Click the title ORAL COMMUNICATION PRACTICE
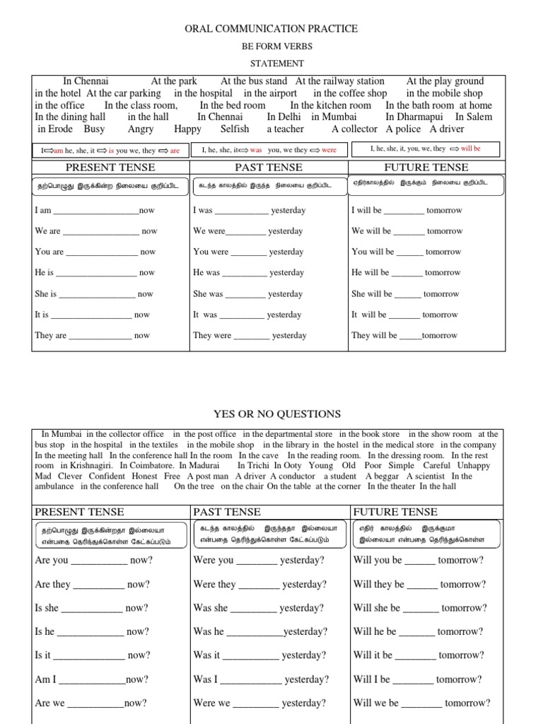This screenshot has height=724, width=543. (x=271, y=29)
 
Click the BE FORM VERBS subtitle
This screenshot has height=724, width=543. (x=271, y=47)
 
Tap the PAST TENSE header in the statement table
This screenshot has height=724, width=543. (x=269, y=168)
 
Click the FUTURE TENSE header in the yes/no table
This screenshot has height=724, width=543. (x=395, y=512)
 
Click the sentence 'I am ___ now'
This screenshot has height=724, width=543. (x=94, y=211)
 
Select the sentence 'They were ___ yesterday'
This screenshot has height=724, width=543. (x=250, y=336)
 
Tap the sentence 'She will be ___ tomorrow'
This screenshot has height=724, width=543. (x=405, y=294)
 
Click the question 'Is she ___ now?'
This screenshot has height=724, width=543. (x=91, y=608)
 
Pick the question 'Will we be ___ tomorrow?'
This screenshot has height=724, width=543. (x=421, y=703)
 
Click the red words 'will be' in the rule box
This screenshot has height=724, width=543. (x=470, y=149)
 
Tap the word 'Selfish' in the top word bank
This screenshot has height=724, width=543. (x=235, y=129)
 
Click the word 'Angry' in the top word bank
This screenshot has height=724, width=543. (x=141, y=129)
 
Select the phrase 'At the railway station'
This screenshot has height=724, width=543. (x=340, y=81)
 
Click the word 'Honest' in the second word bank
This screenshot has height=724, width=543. (x=145, y=477)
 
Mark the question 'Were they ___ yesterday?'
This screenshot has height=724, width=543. (x=259, y=585)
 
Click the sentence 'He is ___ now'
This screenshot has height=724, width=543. (x=94, y=273)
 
